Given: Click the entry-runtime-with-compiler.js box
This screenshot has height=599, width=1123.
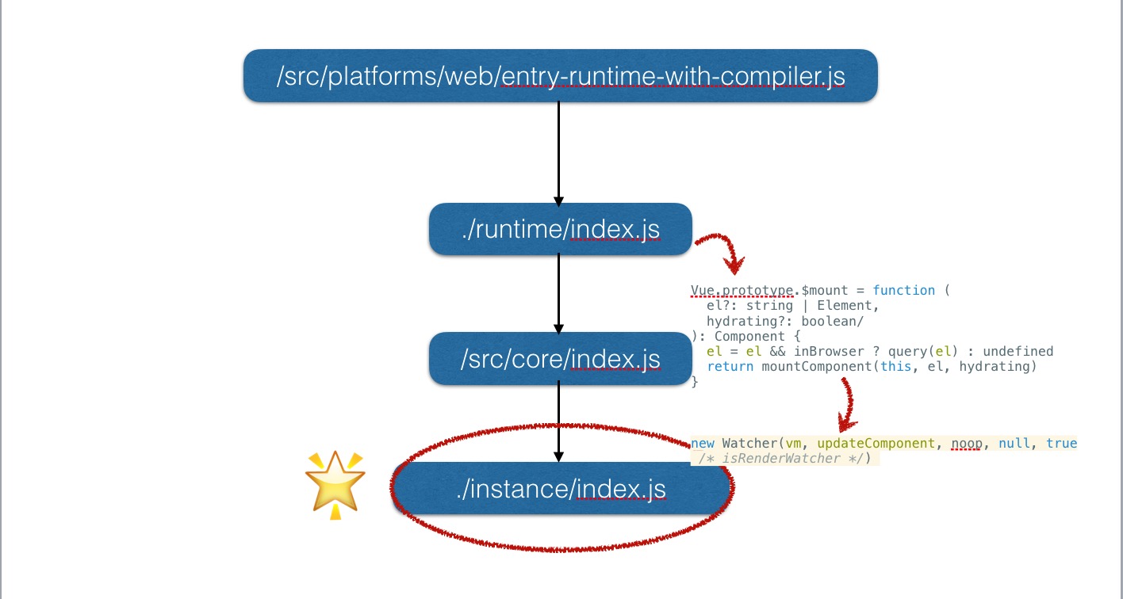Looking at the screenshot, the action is [x=561, y=75].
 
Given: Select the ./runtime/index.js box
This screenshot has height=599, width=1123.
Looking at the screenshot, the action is [x=561, y=229].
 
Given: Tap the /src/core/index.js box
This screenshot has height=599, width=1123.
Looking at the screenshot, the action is [x=561, y=359].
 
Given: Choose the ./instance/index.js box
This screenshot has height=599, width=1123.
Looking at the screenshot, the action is [x=561, y=488].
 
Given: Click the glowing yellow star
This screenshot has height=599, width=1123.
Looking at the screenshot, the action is [x=335, y=485].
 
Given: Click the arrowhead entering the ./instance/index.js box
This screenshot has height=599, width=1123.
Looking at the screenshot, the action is [x=558, y=456].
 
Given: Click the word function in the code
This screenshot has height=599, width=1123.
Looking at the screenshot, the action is [x=904, y=291].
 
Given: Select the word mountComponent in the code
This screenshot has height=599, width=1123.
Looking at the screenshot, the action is [x=817, y=367].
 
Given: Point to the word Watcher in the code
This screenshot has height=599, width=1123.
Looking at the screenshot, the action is [x=749, y=443].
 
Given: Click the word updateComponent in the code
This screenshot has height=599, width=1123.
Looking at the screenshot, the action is [x=876, y=443].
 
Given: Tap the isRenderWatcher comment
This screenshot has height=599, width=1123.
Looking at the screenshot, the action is [x=784, y=458].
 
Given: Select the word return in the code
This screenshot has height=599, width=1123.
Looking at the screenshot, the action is [x=730, y=367].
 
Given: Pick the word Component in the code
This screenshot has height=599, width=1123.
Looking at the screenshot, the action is [x=749, y=336].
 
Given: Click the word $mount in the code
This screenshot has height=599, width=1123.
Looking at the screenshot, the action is [x=825, y=291].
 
